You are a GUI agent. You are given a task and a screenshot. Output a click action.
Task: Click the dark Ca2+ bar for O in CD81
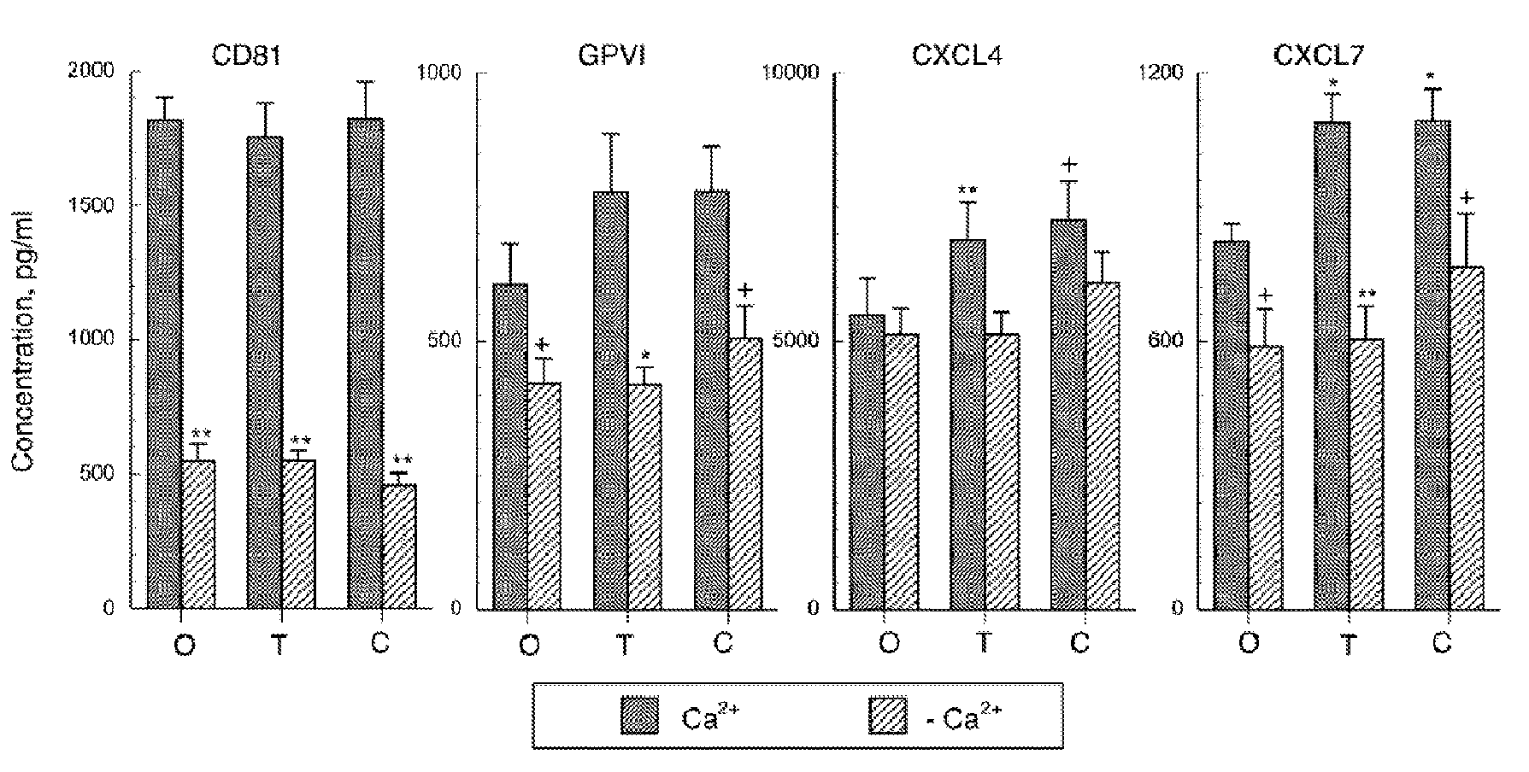pyautogui.click(x=164, y=364)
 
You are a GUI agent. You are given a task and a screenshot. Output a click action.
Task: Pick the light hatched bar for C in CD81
pyautogui.click(x=399, y=547)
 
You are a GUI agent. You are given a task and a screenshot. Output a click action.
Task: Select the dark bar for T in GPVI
pyautogui.click(x=610, y=400)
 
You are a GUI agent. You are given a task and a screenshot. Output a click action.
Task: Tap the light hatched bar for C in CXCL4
pyautogui.click(x=1102, y=445)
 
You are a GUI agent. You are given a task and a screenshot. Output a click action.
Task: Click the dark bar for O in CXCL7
pyautogui.click(x=1232, y=424)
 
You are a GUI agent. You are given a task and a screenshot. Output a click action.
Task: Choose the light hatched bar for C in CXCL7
pyautogui.click(x=1467, y=438)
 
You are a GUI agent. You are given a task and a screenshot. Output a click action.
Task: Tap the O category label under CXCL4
pyautogui.click(x=889, y=643)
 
